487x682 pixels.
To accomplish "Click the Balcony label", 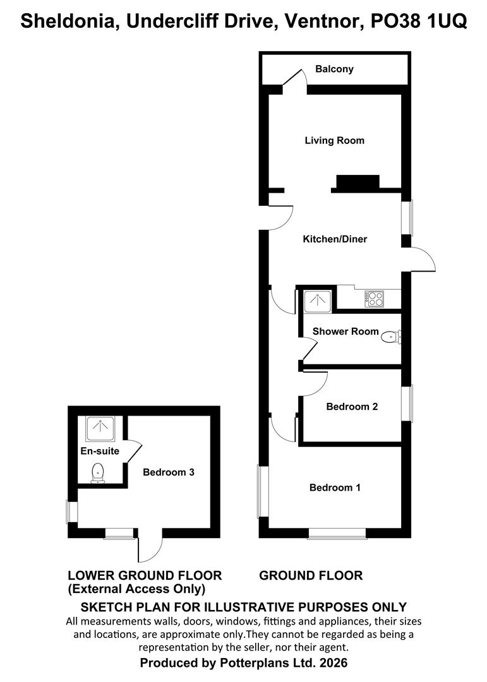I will click(335, 69).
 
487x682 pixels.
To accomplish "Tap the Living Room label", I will click(334, 140).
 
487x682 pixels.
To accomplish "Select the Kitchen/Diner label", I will click(335, 239).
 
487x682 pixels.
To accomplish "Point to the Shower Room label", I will click(346, 331).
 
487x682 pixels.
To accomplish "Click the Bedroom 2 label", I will click(352, 407).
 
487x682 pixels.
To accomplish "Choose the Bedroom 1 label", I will click(335, 488).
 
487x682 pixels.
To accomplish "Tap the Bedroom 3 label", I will click(168, 472).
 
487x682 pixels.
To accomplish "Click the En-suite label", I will click(100, 452).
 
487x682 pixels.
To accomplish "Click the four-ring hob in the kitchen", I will click(374, 298).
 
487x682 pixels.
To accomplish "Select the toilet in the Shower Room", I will click(391, 337).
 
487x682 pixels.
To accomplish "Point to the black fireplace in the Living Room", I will click(358, 182).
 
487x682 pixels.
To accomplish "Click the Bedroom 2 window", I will click(408, 404).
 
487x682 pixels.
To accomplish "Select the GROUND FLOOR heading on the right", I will click(311, 575).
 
